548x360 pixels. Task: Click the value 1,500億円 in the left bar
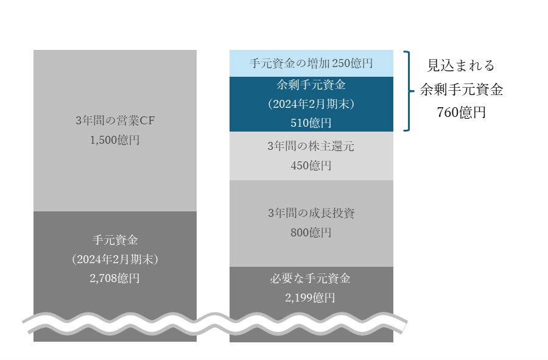click(x=115, y=140)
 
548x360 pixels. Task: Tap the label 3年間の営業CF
click(x=115, y=121)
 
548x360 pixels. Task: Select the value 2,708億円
click(x=115, y=278)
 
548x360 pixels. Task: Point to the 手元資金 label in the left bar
click(x=115, y=240)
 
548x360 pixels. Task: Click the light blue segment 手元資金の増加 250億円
click(x=311, y=63)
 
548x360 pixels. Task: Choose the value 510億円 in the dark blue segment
click(x=311, y=122)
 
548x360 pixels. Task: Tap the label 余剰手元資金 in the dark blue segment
click(x=311, y=85)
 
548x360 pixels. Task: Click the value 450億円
click(x=311, y=166)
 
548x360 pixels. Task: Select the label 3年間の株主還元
click(x=311, y=146)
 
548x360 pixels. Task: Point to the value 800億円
click(x=311, y=233)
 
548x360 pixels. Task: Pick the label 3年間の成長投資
click(x=311, y=213)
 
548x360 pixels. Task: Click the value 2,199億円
click(x=311, y=298)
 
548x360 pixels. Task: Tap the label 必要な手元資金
click(x=311, y=279)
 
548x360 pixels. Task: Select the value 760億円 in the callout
click(x=461, y=112)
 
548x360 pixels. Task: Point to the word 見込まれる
click(x=461, y=66)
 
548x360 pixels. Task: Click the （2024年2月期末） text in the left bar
click(x=115, y=259)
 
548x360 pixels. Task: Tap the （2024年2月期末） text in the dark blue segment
click(x=311, y=104)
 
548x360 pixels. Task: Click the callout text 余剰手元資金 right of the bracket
click(x=461, y=89)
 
